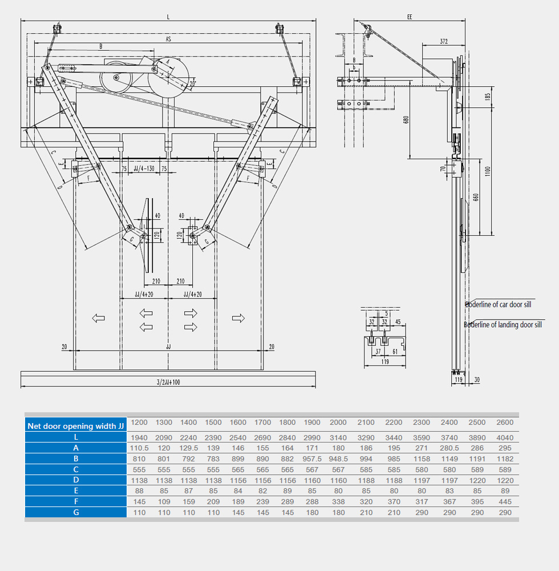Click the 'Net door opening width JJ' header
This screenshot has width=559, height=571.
click(x=76, y=426)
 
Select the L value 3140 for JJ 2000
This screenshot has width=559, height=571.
click(x=338, y=437)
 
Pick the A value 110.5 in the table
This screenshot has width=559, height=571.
click(x=139, y=448)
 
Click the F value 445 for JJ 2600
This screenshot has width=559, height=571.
click(x=505, y=501)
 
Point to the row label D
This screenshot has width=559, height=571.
click(x=76, y=480)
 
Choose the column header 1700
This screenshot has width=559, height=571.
click(x=263, y=423)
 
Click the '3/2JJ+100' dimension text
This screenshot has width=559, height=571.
click(x=168, y=382)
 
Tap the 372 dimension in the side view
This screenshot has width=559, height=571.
click(x=444, y=41)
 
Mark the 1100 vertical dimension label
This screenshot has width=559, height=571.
click(x=488, y=170)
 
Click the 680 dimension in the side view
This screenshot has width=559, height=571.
click(x=406, y=120)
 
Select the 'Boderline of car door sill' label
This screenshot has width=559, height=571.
click(x=499, y=304)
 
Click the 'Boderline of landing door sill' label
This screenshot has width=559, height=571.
click(x=503, y=325)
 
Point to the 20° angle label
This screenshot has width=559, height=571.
click(x=193, y=83)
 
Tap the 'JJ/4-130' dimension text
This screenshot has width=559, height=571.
click(x=143, y=170)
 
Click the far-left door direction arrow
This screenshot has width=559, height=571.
click(x=99, y=318)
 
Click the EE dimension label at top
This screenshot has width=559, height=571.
click(x=410, y=17)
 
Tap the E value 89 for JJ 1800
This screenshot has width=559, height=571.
click(x=288, y=490)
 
